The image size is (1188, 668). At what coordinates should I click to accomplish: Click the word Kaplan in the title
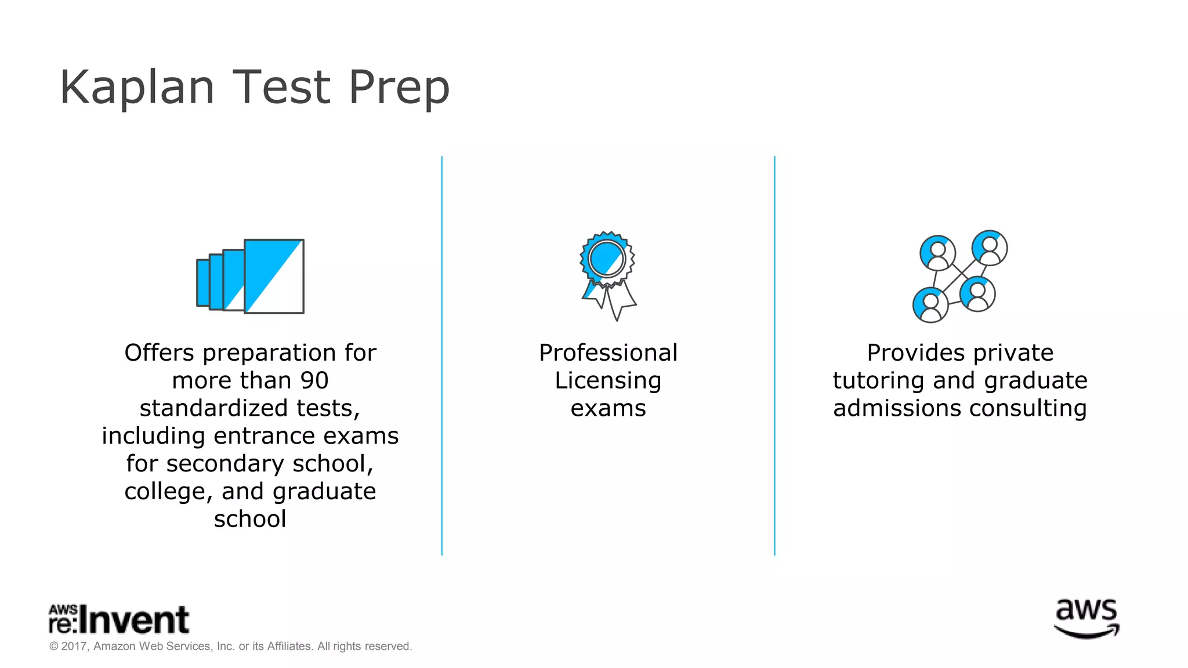(137, 88)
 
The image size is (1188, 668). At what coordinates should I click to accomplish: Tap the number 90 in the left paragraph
(314, 380)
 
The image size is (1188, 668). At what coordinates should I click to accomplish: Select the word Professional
(608, 353)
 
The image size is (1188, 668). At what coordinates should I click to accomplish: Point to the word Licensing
(608, 381)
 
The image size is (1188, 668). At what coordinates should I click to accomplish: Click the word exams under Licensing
(608, 408)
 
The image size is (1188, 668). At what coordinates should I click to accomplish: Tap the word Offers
(159, 353)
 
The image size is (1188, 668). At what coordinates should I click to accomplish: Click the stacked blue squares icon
(251, 277)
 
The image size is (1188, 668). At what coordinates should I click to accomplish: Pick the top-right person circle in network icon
(990, 248)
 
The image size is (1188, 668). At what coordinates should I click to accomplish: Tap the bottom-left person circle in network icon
(930, 304)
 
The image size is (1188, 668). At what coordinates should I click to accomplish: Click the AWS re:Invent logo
(119, 619)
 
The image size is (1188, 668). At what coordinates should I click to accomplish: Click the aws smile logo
(1086, 619)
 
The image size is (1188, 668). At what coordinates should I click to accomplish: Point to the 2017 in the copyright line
(74, 646)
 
